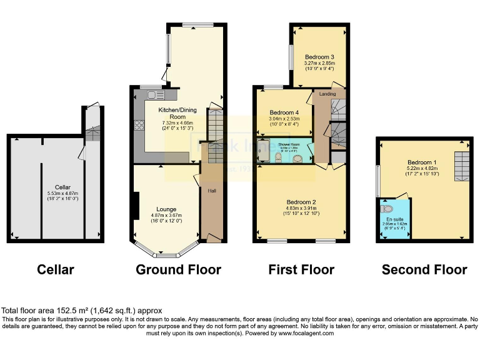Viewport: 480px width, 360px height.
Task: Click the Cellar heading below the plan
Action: tap(56, 270)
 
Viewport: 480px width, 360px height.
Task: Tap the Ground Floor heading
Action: tap(179, 270)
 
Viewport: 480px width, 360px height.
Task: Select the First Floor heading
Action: tap(301, 270)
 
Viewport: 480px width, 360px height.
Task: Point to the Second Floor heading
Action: tap(424, 270)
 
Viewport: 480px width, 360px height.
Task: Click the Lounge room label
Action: tap(166, 209)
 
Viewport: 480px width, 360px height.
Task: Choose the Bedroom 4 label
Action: tap(284, 112)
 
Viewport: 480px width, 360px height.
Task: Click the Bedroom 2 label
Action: tap(302, 202)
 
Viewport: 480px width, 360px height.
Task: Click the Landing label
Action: tap(327, 94)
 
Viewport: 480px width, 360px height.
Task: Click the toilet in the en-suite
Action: tap(387, 209)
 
